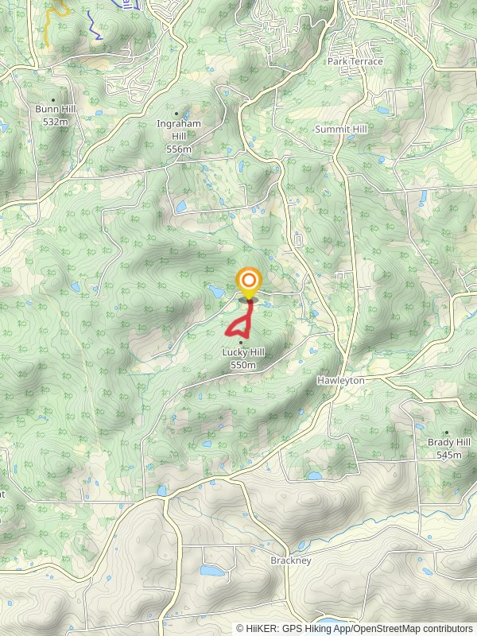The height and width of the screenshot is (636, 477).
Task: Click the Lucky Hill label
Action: click(x=242, y=353)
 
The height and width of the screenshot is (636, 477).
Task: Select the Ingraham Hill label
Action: click(x=178, y=125)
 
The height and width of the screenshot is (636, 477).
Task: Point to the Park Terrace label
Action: click(x=355, y=61)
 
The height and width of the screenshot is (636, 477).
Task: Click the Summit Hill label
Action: click(x=341, y=129)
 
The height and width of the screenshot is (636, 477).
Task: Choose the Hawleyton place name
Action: click(x=340, y=381)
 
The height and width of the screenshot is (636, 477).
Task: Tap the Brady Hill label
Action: click(x=449, y=443)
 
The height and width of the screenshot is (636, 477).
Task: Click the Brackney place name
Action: click(x=290, y=560)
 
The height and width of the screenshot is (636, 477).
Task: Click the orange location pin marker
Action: click(x=249, y=281)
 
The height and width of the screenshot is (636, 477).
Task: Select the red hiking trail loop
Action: click(x=235, y=328)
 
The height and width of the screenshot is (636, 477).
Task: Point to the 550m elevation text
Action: click(x=242, y=365)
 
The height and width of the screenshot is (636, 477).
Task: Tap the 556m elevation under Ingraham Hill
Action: click(x=179, y=149)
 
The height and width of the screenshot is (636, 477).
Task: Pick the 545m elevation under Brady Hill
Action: click(x=449, y=455)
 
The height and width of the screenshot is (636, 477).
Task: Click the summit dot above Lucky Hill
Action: click(x=241, y=343)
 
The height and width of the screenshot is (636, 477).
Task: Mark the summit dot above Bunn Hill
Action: click(x=53, y=99)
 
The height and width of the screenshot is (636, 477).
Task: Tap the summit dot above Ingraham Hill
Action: click(x=176, y=114)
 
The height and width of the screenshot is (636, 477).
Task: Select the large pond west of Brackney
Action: click(x=212, y=571)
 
